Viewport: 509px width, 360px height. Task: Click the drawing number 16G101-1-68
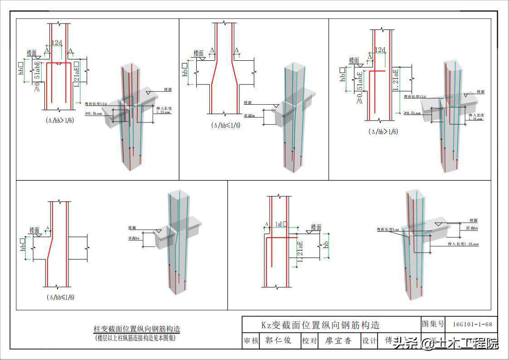point(472,324)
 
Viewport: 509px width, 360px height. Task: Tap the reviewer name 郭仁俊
point(278,341)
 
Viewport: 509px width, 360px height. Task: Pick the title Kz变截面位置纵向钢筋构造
point(320,325)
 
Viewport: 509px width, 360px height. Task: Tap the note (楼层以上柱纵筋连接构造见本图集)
point(135,338)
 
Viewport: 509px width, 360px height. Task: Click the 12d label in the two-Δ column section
point(57,43)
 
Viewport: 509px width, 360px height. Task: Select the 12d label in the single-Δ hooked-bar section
point(380,50)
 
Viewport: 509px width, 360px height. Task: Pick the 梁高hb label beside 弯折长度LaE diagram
point(472,228)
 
